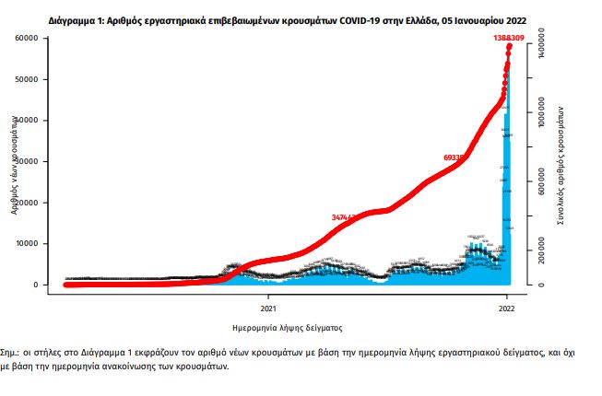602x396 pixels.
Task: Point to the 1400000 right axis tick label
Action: (x=540, y=44)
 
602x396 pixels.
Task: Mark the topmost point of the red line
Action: (x=510, y=46)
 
